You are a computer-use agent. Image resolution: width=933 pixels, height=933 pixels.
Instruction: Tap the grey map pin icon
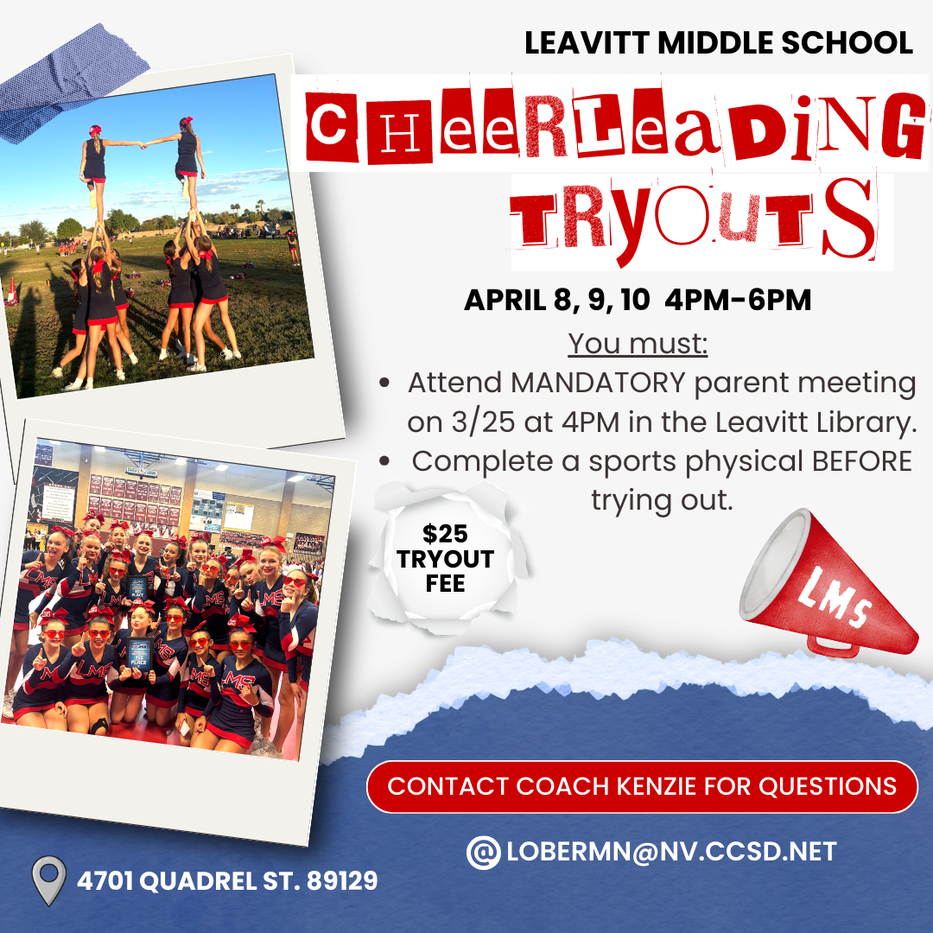(48, 879)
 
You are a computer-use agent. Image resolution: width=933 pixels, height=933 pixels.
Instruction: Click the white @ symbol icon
(483, 852)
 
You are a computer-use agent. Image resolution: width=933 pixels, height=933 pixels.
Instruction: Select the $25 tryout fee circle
(446, 558)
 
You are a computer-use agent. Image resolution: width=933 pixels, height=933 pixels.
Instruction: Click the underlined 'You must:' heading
(638, 343)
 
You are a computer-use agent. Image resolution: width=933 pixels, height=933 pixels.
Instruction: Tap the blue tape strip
(68, 83)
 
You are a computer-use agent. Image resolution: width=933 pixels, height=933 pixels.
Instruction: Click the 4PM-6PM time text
(738, 299)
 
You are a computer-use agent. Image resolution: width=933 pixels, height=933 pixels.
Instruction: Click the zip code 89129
(342, 880)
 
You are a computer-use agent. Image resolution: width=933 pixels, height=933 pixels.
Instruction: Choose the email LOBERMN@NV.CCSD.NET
(672, 852)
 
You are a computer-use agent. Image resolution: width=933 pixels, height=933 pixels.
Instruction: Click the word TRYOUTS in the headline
(693, 220)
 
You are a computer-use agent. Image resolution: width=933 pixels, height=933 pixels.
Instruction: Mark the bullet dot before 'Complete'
(385, 461)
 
